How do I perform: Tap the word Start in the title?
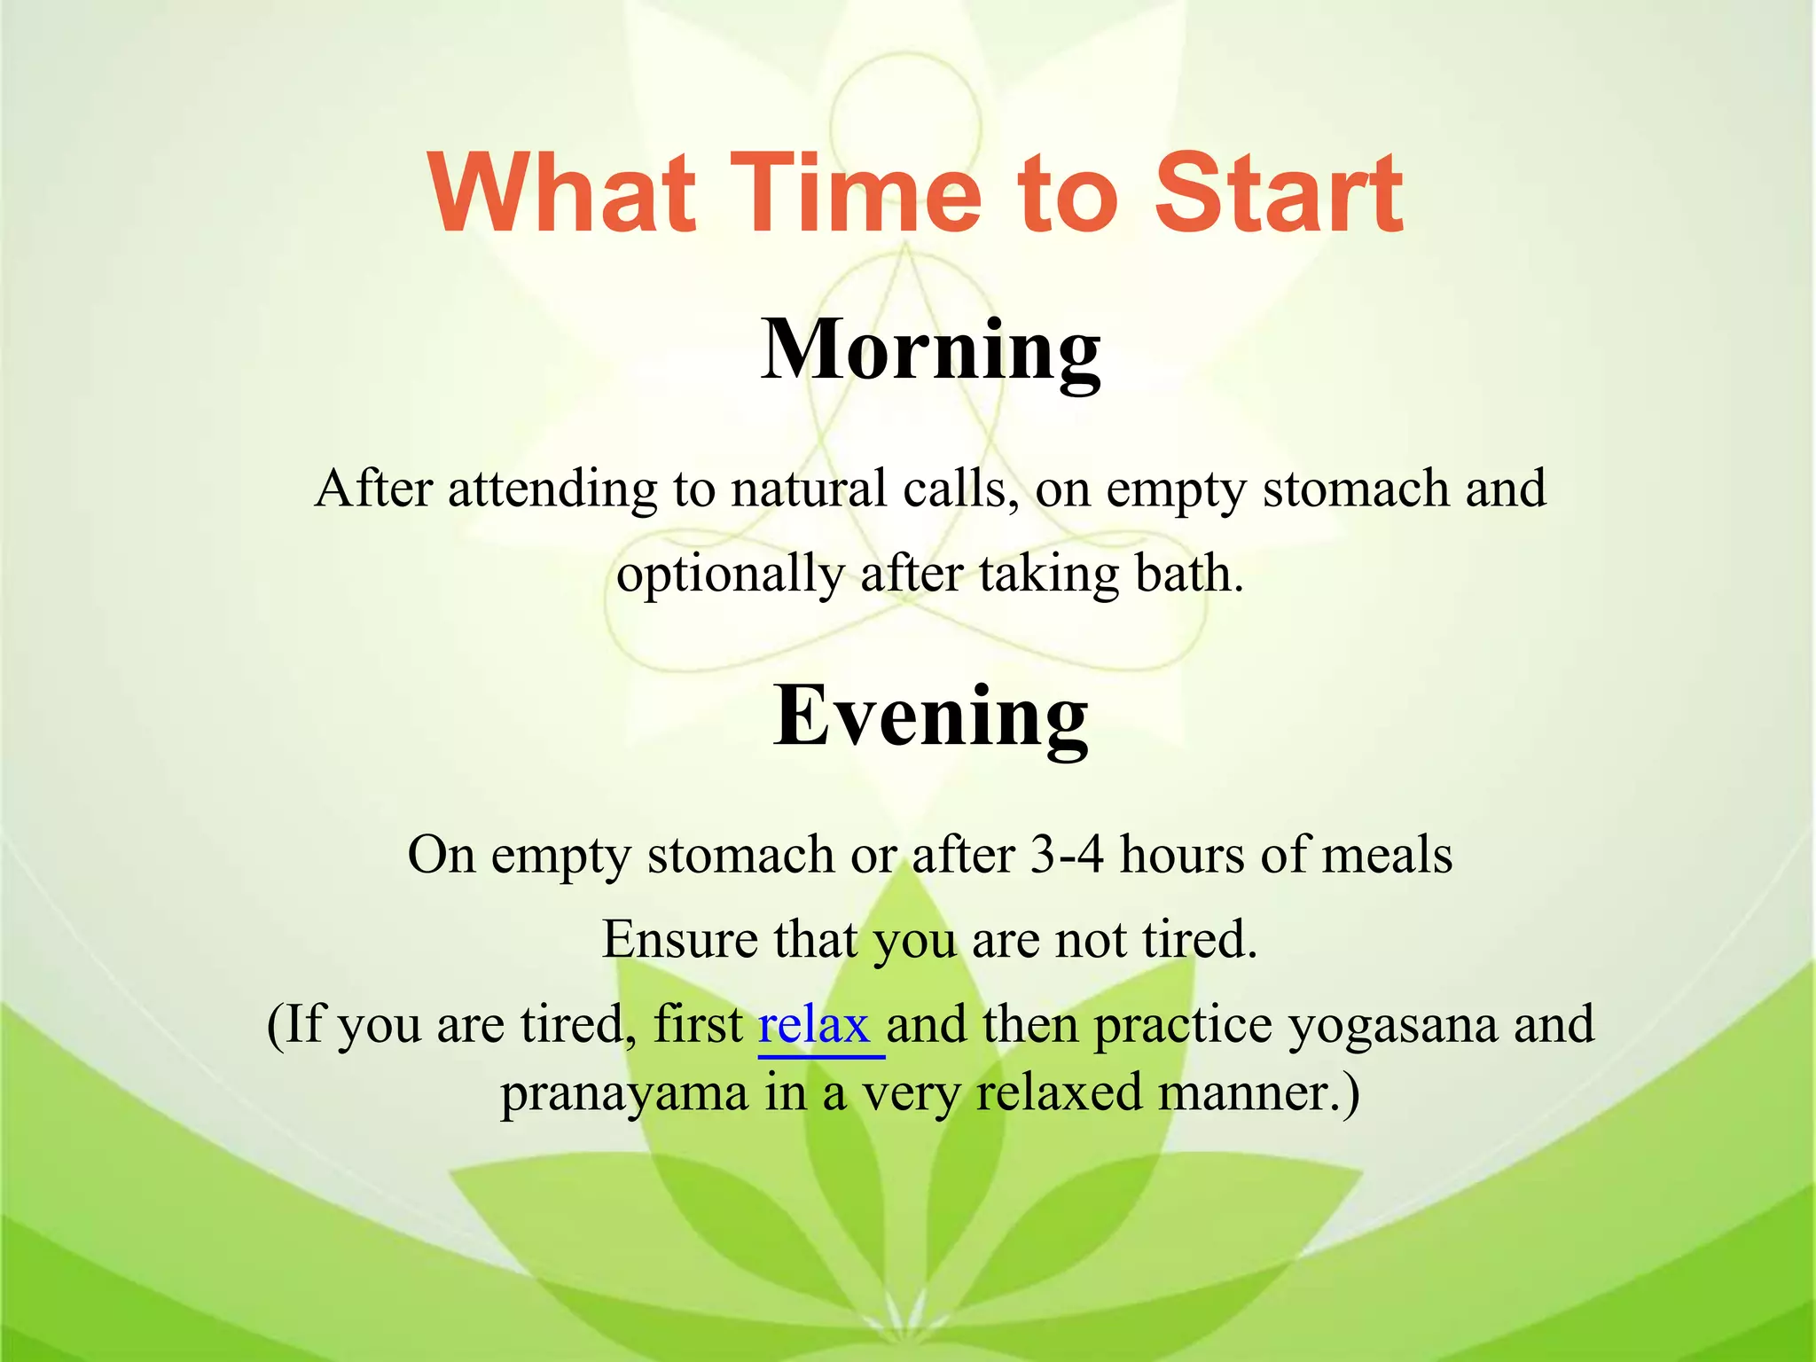[1278, 192]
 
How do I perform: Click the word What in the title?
[562, 192]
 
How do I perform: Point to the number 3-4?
[1067, 855]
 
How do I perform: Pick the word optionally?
[730, 575]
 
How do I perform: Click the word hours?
[1182, 855]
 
